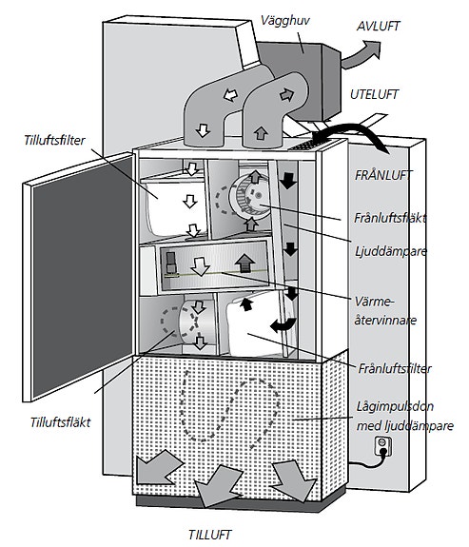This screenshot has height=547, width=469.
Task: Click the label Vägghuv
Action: [284, 21]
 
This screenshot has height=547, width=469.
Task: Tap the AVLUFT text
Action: [378, 27]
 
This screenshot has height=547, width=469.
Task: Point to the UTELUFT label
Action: [374, 94]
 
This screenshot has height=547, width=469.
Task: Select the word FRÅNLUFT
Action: [382, 175]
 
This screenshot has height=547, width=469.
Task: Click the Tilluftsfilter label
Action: [54, 140]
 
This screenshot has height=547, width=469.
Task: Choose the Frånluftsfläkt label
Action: [390, 218]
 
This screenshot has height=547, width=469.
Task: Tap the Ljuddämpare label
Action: [391, 251]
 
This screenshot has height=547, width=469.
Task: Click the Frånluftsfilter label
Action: [395, 368]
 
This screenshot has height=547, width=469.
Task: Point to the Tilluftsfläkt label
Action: [60, 422]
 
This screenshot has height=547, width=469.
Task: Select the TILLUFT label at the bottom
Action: [209, 535]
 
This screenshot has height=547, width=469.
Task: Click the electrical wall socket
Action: [382, 446]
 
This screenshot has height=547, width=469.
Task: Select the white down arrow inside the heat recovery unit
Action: [201, 266]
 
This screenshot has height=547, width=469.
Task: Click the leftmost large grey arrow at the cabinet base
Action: [159, 467]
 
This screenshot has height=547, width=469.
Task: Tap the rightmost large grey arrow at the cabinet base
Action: [293, 480]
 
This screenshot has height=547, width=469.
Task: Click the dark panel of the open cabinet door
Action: [83, 276]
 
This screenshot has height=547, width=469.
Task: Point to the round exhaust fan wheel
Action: [249, 197]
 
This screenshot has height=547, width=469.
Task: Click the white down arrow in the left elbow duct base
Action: [203, 130]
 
